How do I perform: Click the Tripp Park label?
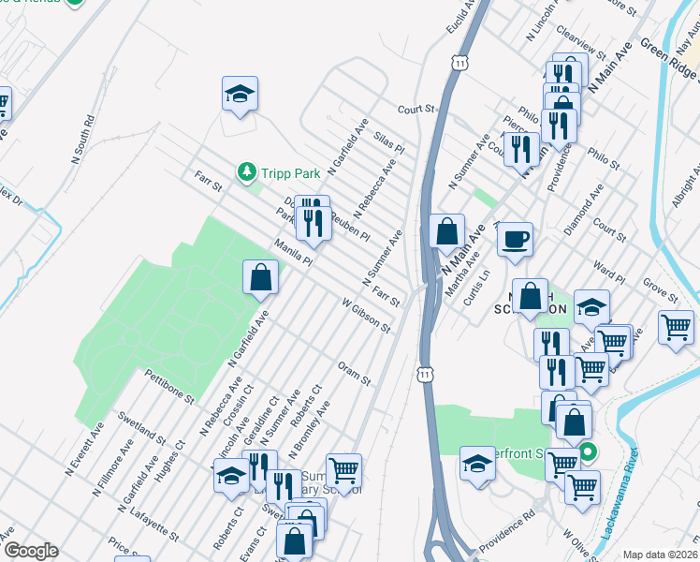(291, 173)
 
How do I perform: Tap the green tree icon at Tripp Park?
(246, 171)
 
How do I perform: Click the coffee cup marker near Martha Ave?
(514, 239)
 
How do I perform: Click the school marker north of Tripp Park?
(240, 94)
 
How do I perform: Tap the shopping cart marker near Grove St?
(676, 328)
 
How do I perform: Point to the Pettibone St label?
(168, 386)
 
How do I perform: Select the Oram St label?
(355, 372)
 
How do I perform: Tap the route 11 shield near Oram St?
(426, 374)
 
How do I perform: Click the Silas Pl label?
(387, 142)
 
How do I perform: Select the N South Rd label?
(84, 141)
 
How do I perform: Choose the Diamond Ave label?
(590, 214)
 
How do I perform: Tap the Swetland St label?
(142, 425)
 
